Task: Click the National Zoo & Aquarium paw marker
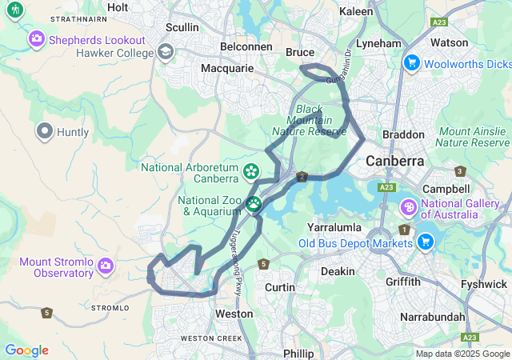254,204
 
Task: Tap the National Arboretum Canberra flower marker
251,171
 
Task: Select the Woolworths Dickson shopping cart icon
412,62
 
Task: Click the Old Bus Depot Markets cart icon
425,241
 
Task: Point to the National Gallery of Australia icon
408,207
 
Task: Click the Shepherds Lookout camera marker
37,38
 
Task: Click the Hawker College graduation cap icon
166,53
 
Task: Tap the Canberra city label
394,161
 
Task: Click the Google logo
26,350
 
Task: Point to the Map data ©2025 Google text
462,354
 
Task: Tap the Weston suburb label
234,314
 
